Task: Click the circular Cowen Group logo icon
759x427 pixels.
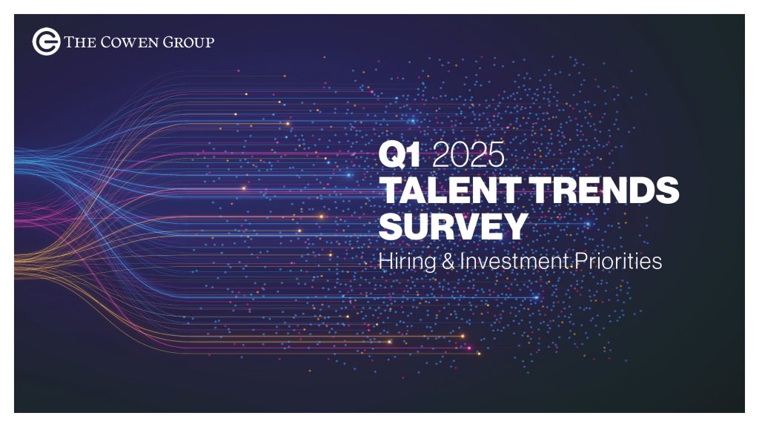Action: tap(46, 42)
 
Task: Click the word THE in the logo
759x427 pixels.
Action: tap(80, 42)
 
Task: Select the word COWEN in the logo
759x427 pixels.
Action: tap(129, 42)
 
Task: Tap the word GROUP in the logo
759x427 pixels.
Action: tap(188, 42)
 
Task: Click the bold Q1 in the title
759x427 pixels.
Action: tap(400, 155)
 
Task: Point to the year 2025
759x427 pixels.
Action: tap(468, 155)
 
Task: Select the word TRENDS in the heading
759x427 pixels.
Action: tap(605, 191)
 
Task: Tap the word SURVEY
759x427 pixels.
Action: tap(453, 225)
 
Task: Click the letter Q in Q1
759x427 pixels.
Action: tap(392, 156)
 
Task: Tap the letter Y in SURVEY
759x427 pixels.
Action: tap(514, 225)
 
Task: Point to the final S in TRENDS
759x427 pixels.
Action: tap(668, 191)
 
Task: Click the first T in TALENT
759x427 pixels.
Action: tap(392, 191)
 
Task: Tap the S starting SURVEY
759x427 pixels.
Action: tap(391, 225)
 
